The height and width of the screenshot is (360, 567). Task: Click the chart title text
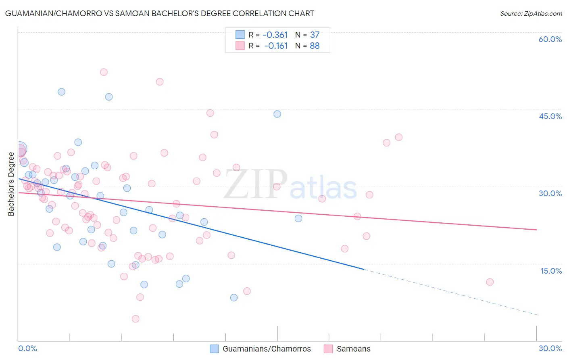coord(159,13)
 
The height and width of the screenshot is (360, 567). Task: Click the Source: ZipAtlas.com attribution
coord(531,13)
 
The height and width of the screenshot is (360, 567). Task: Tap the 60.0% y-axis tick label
coord(550,39)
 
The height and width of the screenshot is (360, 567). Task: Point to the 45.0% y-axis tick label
coord(550,116)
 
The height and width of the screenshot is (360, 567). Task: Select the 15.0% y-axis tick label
coord(551,271)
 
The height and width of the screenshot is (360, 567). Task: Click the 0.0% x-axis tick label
coord(28,348)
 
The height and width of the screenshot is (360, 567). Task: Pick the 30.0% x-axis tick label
coord(550,348)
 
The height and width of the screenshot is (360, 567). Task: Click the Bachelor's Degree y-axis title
coord(11,184)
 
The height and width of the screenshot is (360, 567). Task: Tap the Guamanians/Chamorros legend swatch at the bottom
coord(215,349)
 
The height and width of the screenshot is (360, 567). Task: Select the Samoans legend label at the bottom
coord(353,349)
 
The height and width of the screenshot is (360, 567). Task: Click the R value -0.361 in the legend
coord(275,35)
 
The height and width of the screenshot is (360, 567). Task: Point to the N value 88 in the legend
coord(315,46)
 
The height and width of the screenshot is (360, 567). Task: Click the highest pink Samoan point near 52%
coord(104,72)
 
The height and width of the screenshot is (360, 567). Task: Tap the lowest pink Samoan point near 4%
coord(135,319)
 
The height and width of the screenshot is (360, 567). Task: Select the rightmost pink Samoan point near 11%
coord(490,282)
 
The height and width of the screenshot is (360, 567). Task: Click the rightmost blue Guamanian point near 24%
coord(298,218)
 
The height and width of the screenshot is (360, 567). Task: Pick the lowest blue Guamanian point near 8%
coord(234,297)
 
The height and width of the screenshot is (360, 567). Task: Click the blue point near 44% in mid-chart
coord(277,114)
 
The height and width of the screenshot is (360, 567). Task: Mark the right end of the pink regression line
coord(537,230)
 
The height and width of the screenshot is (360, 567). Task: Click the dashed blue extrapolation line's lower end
coord(537,314)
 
